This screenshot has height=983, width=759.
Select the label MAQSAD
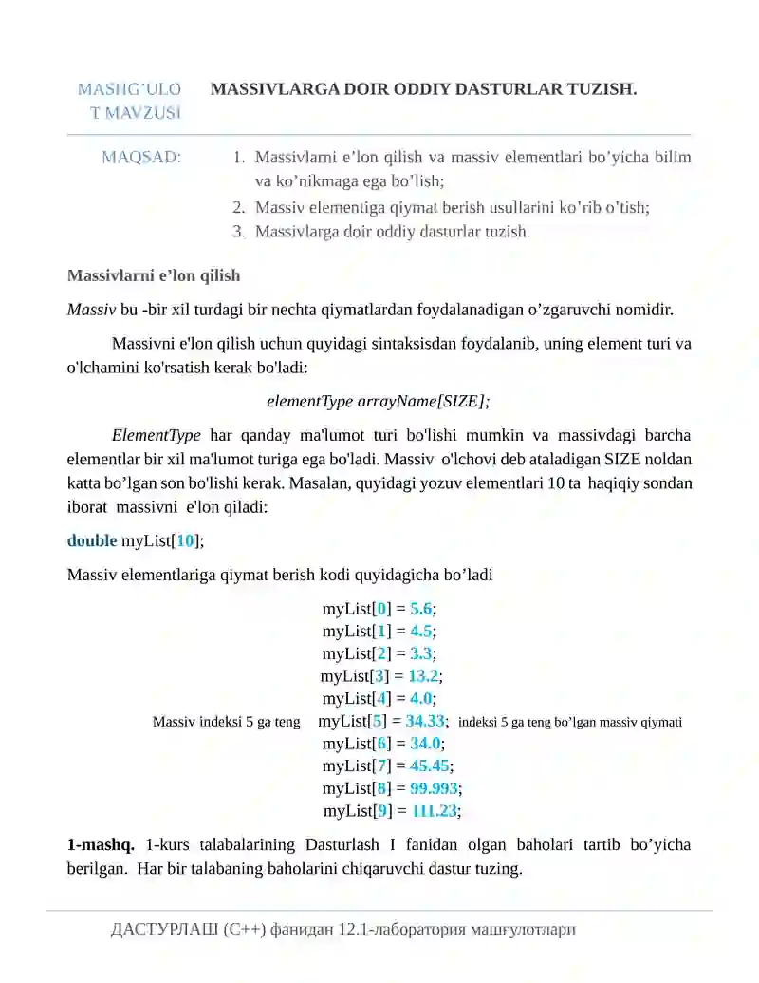(141, 157)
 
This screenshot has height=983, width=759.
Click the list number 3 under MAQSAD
(239, 231)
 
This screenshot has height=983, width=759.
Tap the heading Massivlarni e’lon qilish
(154, 275)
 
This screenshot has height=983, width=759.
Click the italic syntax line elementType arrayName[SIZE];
(379, 401)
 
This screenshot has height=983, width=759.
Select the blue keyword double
(92, 540)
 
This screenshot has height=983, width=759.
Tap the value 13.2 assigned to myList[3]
(423, 676)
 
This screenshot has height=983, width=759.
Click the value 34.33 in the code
(425, 721)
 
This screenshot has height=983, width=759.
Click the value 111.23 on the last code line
(435, 811)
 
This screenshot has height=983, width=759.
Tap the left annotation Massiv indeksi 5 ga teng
(227, 722)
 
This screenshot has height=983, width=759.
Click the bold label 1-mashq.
(101, 844)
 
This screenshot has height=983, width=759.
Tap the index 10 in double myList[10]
(186, 540)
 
